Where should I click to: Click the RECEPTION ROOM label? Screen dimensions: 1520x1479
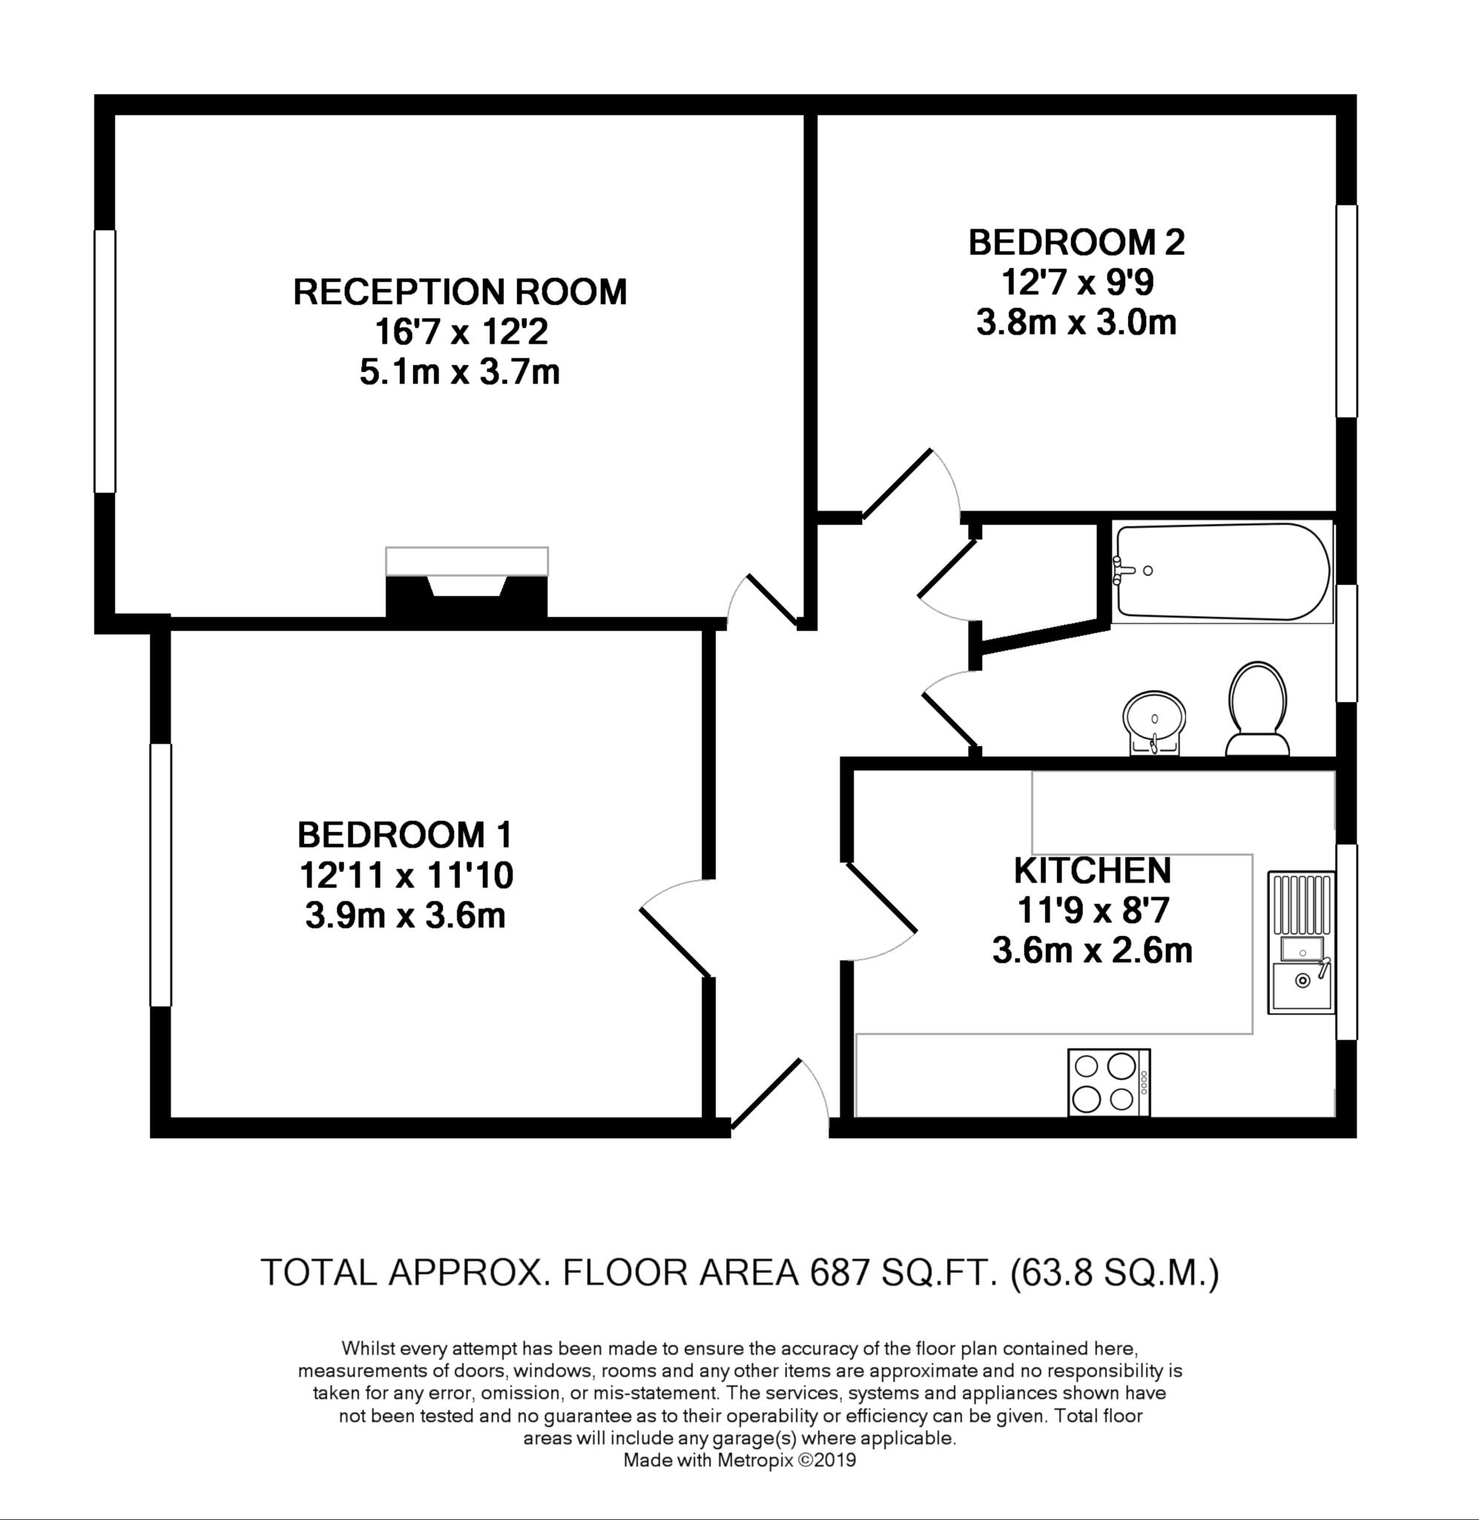pyautogui.click(x=460, y=292)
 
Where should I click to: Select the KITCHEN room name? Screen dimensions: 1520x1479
pyautogui.click(x=1092, y=871)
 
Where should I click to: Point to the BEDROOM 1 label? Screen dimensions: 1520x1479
pyautogui.click(x=405, y=836)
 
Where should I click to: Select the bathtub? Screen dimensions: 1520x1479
pyautogui.click(x=1221, y=572)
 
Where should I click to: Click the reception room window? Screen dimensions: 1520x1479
pyautogui.click(x=105, y=361)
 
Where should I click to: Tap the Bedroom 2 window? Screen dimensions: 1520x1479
pyautogui.click(x=1346, y=311)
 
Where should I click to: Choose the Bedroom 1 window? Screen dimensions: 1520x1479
pyautogui.click(x=161, y=874)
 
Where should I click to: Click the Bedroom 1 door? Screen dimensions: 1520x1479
pyautogui.click(x=674, y=942)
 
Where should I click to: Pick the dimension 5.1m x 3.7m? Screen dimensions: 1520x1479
pyautogui.click(x=460, y=373)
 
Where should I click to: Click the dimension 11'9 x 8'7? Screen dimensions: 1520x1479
pyautogui.click(x=1092, y=910)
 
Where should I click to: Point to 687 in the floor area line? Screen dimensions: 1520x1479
pyautogui.click(x=837, y=1273)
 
